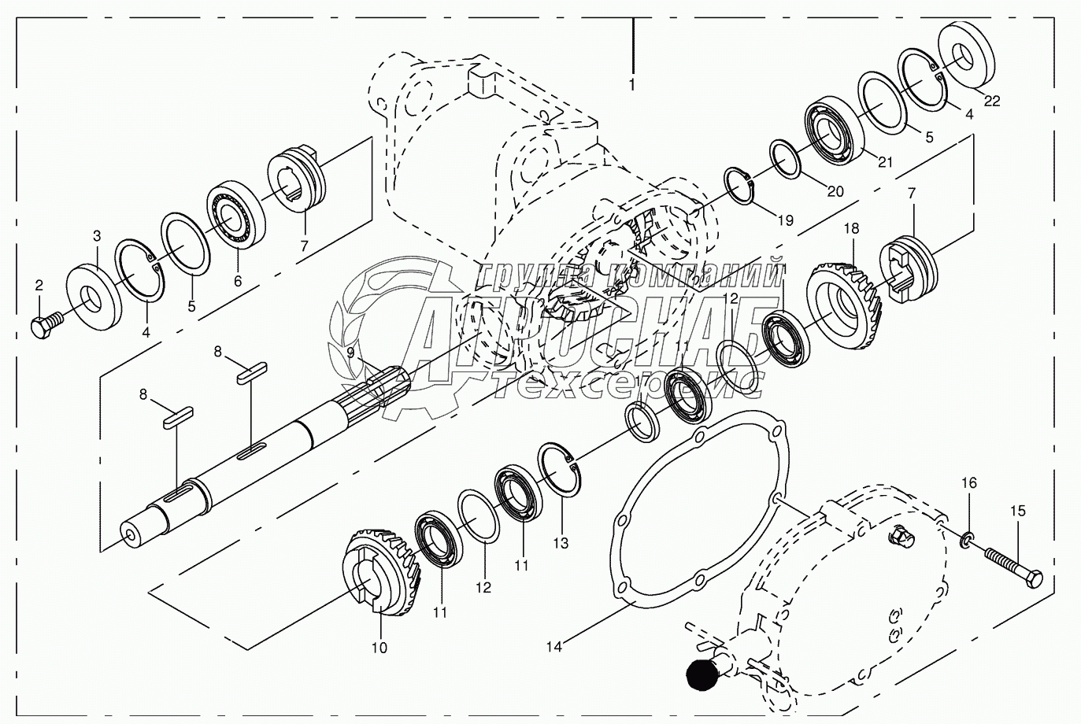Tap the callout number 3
tap(97, 235)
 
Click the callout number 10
tap(379, 648)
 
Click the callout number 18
tap(851, 228)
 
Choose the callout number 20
tap(835, 191)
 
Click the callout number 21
tap(886, 162)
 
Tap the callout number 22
tap(992, 101)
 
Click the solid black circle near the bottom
tap(704, 674)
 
